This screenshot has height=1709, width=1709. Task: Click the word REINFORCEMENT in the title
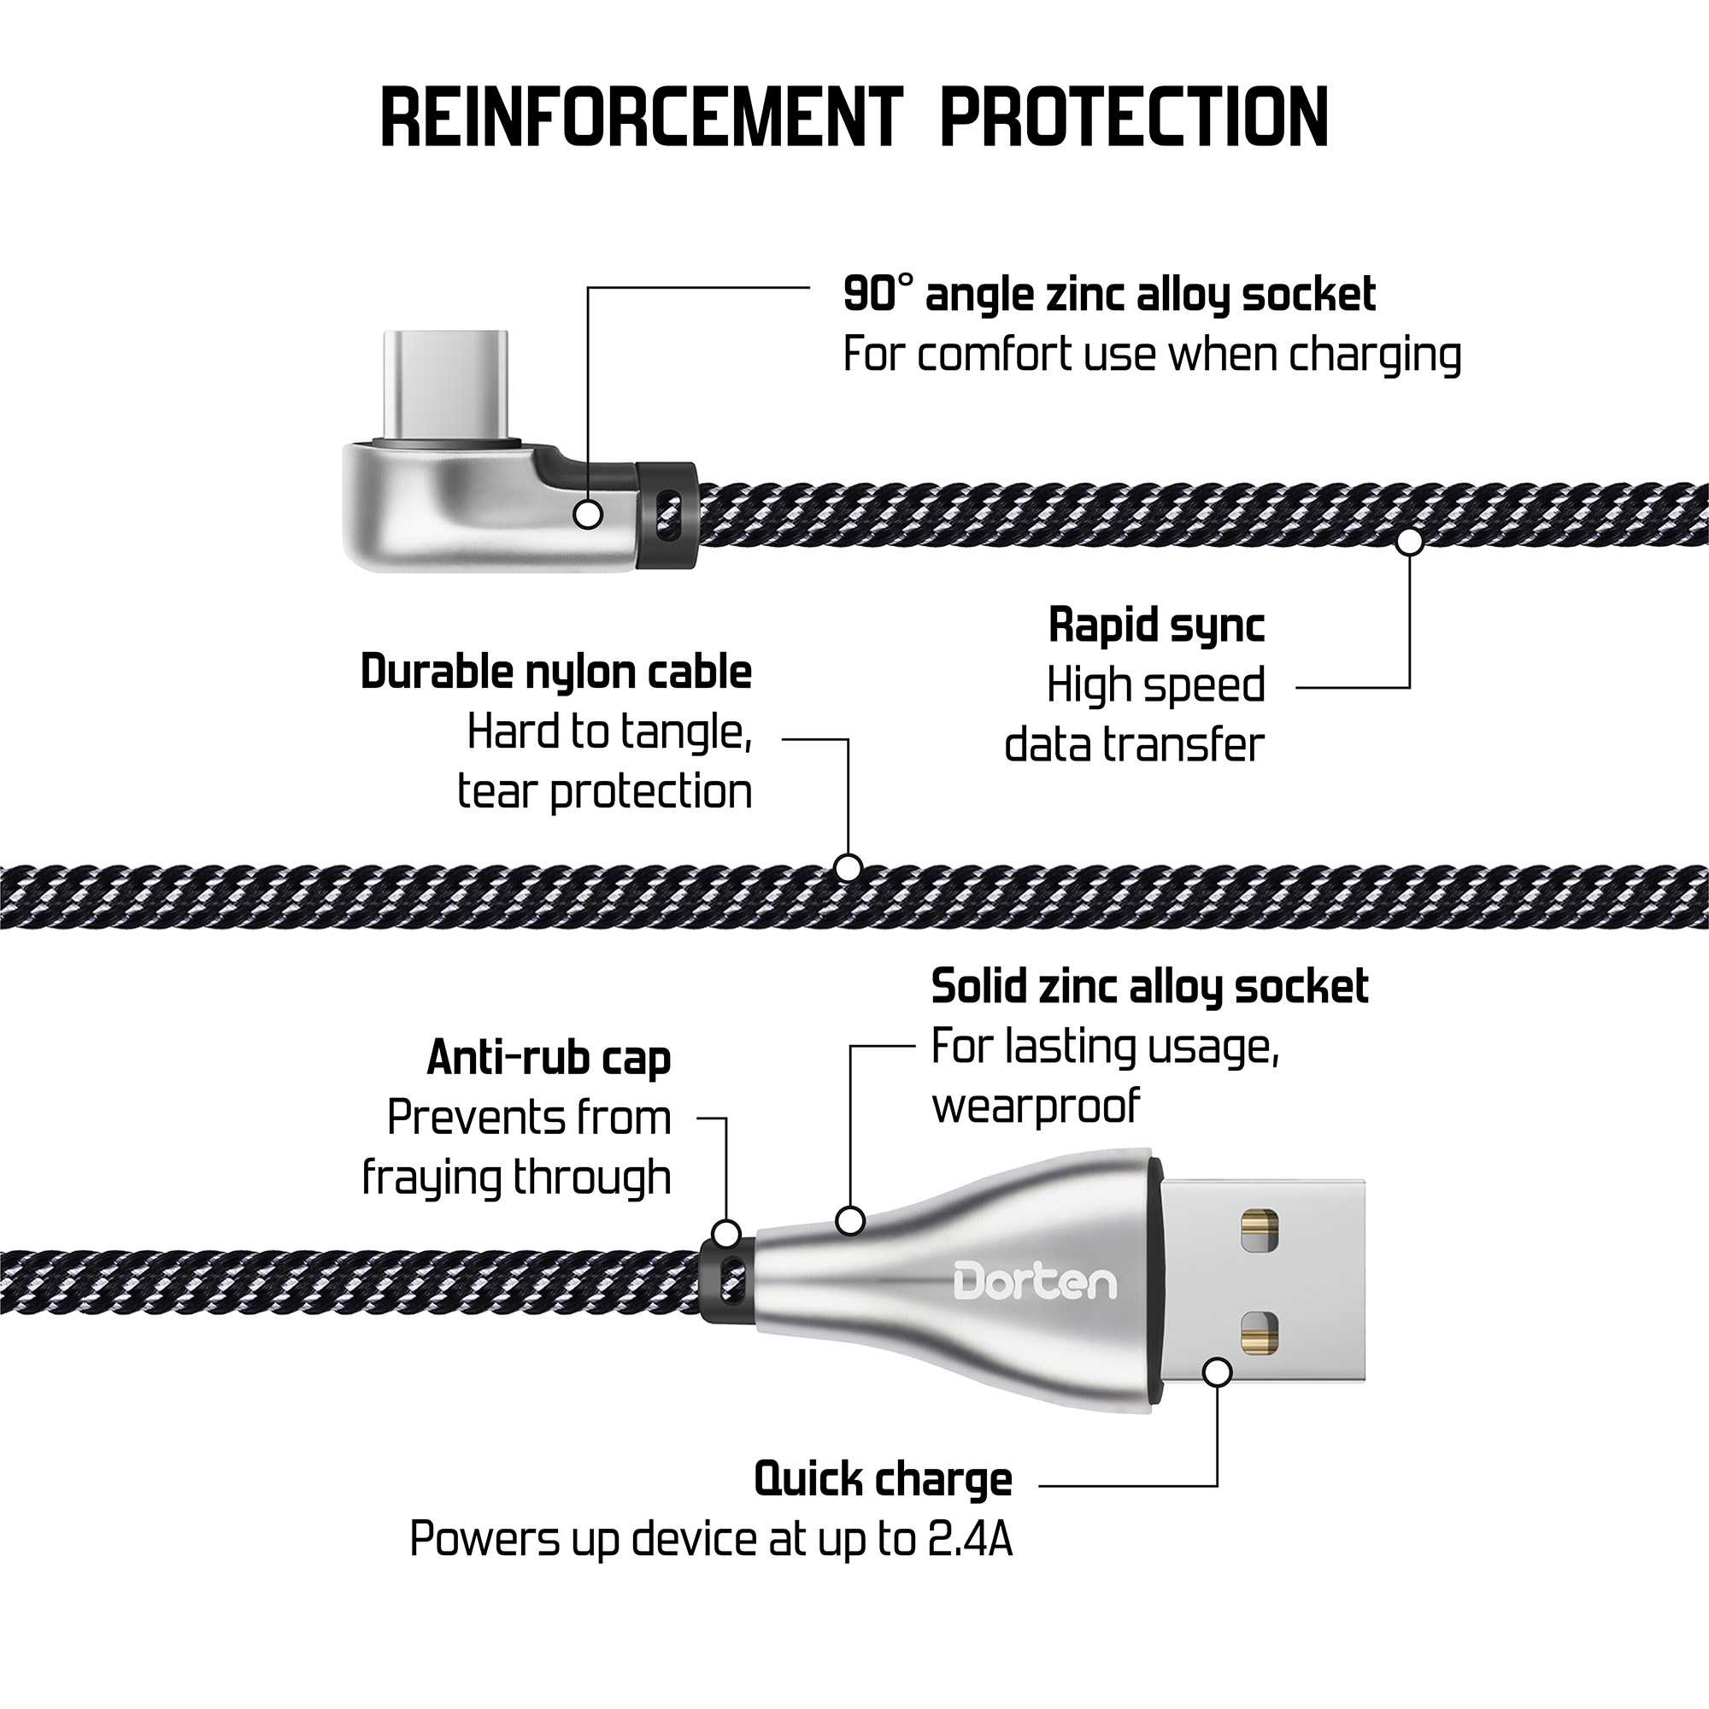643,117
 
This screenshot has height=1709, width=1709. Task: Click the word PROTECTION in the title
1134,117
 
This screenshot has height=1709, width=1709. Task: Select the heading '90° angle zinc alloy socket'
1109,295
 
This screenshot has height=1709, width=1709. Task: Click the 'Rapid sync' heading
1156,625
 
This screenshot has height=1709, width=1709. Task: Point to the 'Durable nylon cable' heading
556,672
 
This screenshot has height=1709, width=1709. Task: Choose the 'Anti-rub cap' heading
549,1058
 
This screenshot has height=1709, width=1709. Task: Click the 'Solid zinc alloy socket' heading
1150,987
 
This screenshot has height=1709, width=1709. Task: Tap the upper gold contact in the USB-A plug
1260,1230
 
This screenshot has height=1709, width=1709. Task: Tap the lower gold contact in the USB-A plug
1260,1336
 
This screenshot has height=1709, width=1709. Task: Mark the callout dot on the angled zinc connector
588,514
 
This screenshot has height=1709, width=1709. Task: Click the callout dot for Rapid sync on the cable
1410,542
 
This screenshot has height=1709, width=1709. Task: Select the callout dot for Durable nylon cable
849,869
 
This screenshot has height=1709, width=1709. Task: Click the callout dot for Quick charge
1218,1373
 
